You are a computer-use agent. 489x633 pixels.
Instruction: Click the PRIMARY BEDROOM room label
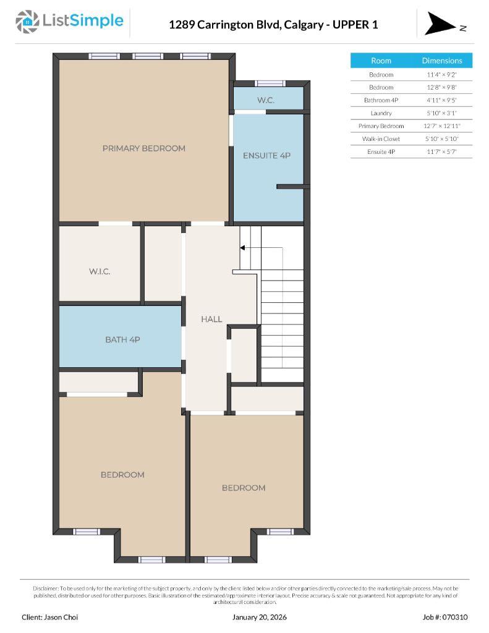(143, 148)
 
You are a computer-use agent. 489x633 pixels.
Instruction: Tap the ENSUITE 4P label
(266, 156)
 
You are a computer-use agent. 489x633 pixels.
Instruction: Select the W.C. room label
(266, 100)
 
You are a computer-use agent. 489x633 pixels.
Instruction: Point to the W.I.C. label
(100, 271)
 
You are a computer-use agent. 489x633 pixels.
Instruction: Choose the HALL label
(211, 319)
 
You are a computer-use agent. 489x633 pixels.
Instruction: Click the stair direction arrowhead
(243, 248)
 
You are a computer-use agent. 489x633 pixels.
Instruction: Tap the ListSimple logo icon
(27, 22)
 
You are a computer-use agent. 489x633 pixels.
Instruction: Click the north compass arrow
(440, 23)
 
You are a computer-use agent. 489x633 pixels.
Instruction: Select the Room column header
(381, 61)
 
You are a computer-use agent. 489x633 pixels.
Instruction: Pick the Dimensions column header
(441, 61)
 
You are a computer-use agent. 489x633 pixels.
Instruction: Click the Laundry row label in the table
(381, 113)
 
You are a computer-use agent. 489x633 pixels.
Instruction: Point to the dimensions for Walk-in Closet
(441, 138)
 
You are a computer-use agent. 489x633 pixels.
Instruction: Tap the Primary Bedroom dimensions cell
(441, 126)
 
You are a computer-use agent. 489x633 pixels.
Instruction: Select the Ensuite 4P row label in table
(381, 151)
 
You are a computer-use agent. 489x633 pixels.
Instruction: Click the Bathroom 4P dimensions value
(441, 100)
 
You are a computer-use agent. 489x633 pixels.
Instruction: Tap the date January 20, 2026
(260, 617)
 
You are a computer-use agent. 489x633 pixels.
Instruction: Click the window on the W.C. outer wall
(270, 83)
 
